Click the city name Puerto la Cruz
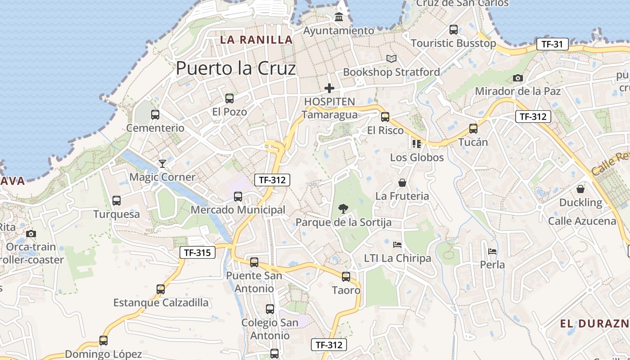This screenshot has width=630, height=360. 236,68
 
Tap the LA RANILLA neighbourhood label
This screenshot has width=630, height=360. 256,40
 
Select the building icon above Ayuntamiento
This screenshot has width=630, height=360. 339,17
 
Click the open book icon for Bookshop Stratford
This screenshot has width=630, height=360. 391,58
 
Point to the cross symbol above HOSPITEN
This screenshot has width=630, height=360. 329,88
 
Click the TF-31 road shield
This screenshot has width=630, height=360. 553,44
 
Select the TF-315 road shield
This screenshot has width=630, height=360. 198,252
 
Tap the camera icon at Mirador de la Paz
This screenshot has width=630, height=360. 518,78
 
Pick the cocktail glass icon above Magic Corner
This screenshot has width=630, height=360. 162,163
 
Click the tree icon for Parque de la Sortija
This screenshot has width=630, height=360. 343,208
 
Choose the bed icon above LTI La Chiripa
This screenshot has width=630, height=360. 397,244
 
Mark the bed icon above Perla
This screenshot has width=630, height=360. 493,251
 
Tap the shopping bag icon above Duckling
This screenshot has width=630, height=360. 580,189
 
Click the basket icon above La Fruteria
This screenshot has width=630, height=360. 402,183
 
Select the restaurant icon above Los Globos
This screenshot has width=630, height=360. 417,144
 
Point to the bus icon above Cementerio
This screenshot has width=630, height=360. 155,114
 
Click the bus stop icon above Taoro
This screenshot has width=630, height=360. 346,276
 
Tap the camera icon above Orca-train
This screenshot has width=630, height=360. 31,234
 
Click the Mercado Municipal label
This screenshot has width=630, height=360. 238,210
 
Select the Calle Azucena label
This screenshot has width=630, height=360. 582,221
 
